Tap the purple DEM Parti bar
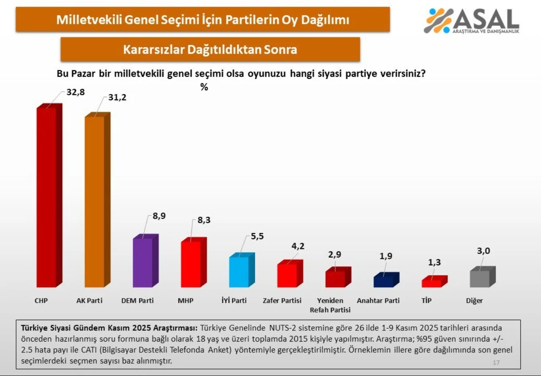pos(143,262)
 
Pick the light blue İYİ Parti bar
pos(239,271)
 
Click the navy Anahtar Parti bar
pos(383,281)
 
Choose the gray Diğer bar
pos(480,278)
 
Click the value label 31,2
pos(117,98)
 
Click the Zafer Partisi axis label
pos(282,301)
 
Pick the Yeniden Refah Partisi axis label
pos(330,305)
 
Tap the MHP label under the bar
pos(186,301)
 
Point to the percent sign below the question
pos(204,87)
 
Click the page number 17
pos(496,362)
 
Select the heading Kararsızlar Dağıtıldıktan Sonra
pos(210,49)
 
